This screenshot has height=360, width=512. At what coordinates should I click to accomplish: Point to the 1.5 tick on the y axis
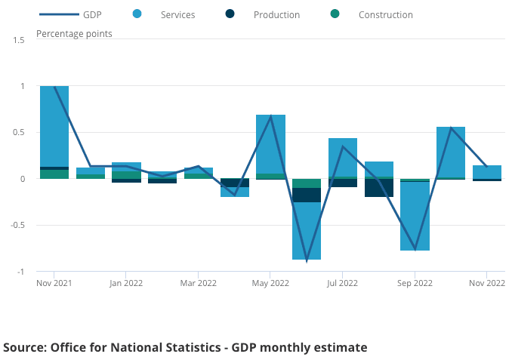19,39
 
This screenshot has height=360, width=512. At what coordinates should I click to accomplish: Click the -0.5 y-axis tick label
17,225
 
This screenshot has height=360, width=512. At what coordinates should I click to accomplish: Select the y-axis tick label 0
23,179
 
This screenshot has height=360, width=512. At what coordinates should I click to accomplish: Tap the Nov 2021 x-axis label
54,283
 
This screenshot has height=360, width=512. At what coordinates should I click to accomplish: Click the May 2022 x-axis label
270,283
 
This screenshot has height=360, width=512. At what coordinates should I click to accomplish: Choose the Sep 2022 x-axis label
415,283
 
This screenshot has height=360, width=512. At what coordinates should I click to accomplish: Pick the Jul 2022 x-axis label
343,283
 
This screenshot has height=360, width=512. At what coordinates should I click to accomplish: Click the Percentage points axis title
75,34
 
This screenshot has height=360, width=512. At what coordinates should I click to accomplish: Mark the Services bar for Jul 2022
343,157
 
